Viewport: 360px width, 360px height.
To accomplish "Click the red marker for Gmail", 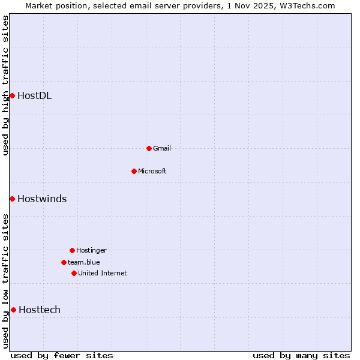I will [149, 148].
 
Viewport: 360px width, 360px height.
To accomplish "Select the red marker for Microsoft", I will [134, 171].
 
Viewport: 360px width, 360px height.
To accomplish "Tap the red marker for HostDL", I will [12, 95].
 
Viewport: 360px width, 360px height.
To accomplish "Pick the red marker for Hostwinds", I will [12, 199].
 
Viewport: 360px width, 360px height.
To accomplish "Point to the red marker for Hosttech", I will [13, 310].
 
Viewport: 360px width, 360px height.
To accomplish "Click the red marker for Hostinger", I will [72, 250].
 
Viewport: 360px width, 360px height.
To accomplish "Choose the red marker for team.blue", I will [64, 262].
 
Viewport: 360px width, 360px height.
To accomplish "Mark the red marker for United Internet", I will [74, 273].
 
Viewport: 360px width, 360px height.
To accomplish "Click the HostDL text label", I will [34, 95].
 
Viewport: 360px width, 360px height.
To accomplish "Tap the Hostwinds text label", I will [42, 199].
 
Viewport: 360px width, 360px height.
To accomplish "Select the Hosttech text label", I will [40, 310].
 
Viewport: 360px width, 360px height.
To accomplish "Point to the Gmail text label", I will [162, 148].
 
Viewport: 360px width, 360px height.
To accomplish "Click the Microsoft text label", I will [152, 171].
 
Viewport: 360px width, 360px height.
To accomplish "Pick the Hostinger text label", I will [91, 250].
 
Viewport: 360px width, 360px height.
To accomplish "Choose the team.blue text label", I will [84, 262].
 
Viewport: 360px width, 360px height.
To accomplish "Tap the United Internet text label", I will [103, 273].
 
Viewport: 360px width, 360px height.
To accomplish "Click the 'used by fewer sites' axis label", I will [62, 355].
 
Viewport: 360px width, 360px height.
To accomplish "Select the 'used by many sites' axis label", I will [301, 355].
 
